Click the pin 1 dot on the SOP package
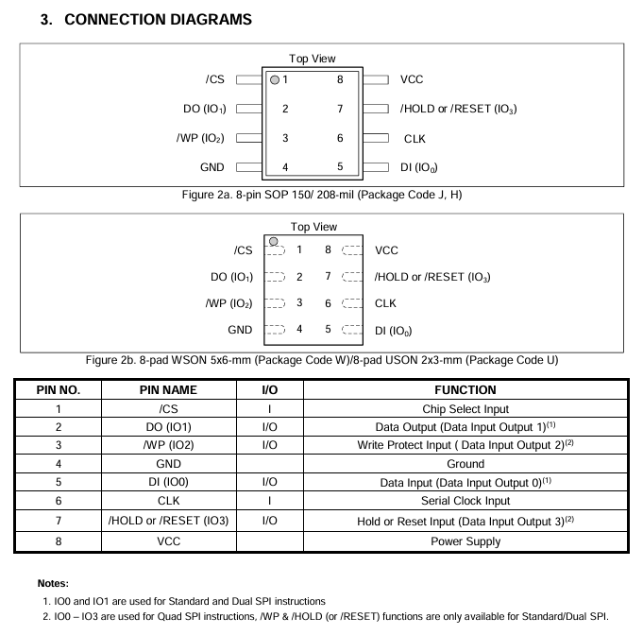tap(275, 80)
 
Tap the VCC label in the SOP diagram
tap(412, 80)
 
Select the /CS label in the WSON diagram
tap(243, 250)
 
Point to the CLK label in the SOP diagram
tap(415, 139)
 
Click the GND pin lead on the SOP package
tap(249, 167)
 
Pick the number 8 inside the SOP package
tap(339, 80)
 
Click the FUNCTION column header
tap(465, 389)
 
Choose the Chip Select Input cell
tap(465, 408)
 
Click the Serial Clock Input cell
tap(465, 501)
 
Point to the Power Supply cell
tap(465, 541)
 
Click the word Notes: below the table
tap(54, 584)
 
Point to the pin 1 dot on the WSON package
tap(273, 242)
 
